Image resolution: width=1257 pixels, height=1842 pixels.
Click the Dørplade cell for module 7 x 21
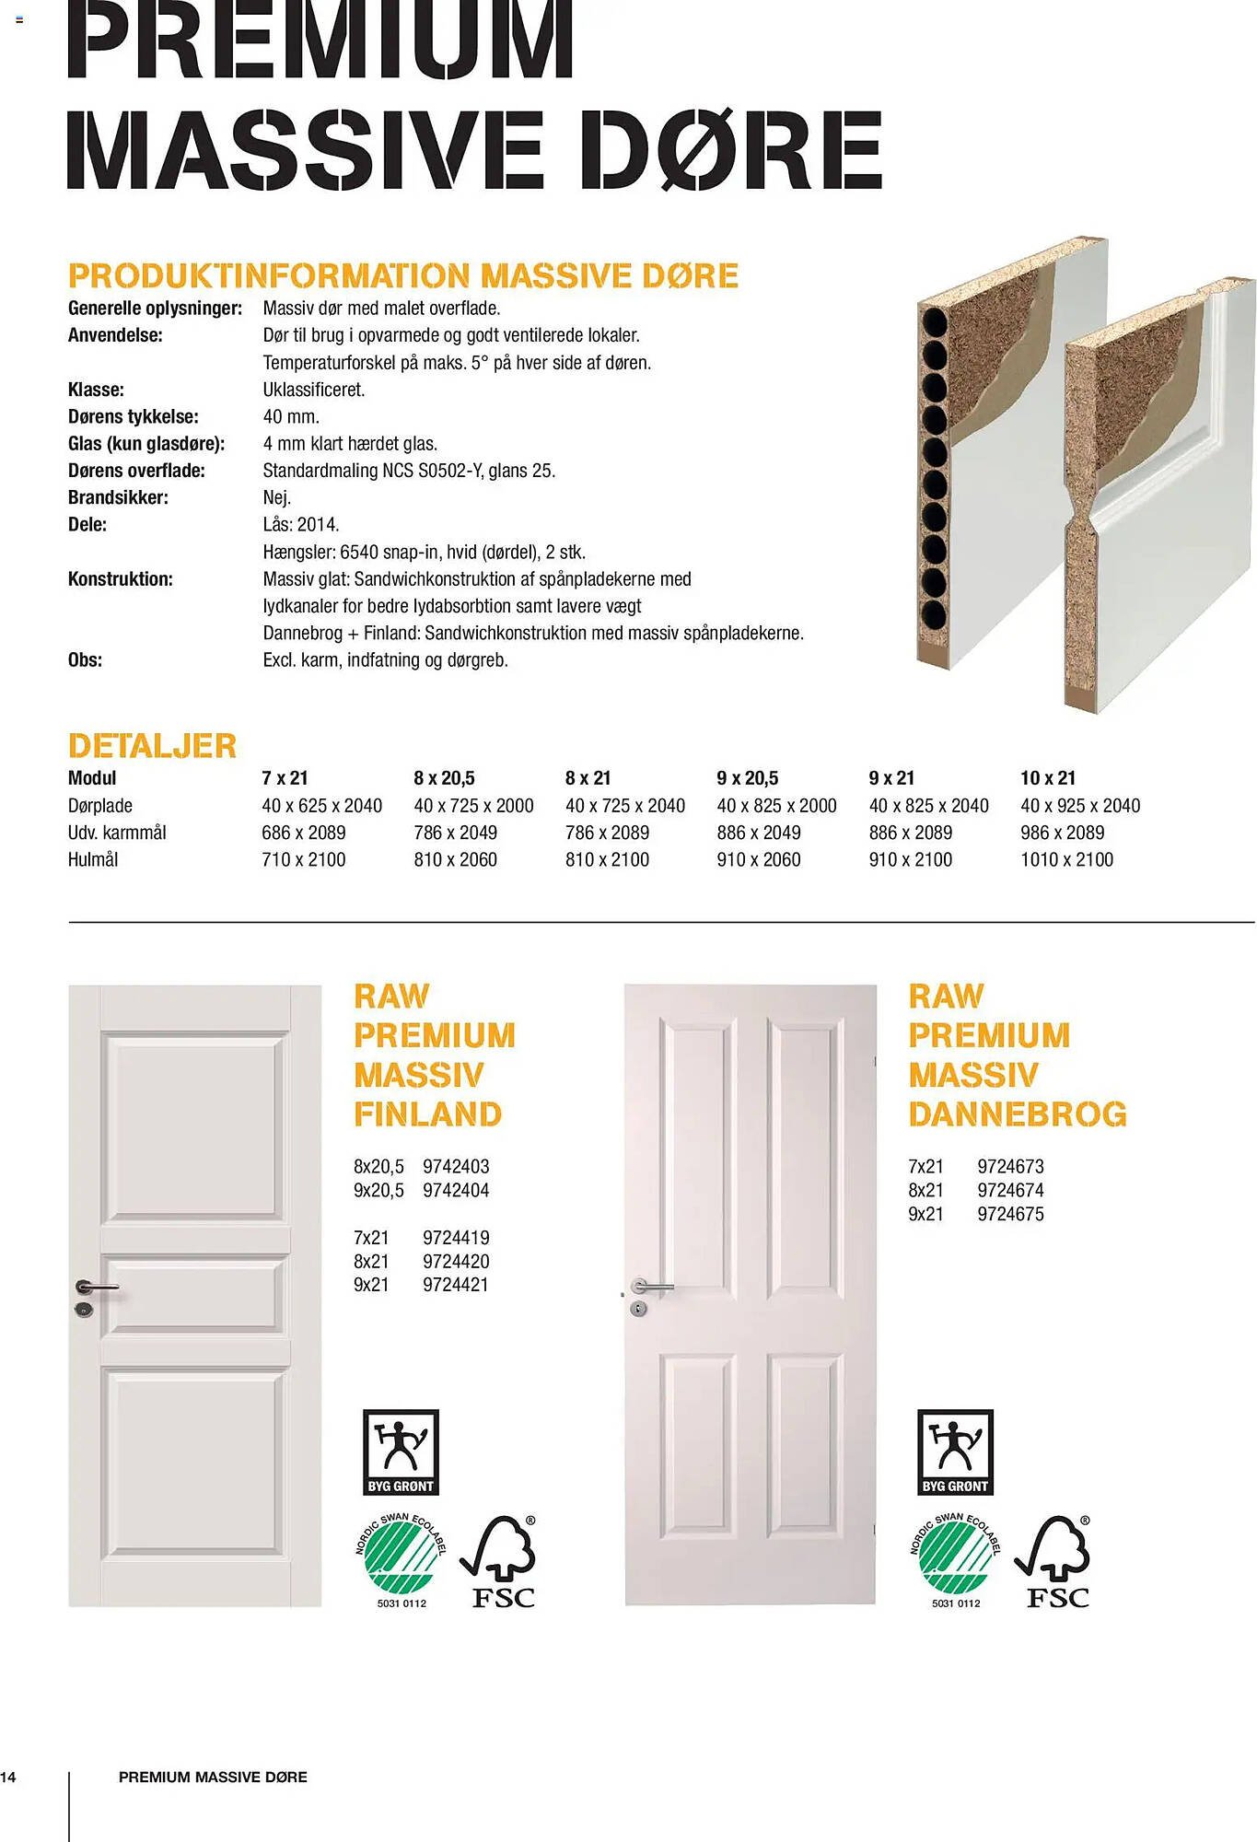tap(321, 806)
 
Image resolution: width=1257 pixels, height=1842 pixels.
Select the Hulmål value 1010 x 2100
tap(1066, 859)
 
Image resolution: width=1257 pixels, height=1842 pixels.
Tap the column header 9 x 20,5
tap(747, 778)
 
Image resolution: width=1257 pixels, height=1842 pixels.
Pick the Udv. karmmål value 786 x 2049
tap(455, 833)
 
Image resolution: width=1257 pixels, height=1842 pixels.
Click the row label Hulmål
tap(93, 859)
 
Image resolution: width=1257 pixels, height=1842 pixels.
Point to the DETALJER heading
tap(152, 746)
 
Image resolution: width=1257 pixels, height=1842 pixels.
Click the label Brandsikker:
tap(118, 498)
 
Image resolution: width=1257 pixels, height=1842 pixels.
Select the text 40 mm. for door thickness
tap(291, 416)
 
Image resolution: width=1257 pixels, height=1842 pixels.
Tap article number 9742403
tap(456, 1167)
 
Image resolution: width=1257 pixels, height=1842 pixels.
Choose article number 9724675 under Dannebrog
tap(1010, 1214)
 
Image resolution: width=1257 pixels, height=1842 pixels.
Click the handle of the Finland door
tap(96, 1287)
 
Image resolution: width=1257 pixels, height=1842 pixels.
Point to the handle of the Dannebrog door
tap(652, 1286)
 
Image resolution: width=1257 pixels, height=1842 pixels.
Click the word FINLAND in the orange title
tap(427, 1114)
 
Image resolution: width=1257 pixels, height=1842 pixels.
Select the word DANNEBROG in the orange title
tap(1017, 1114)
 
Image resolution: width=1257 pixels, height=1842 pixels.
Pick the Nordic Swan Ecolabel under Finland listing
tap(401, 1560)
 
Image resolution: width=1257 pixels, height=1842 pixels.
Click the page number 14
tap(8, 1777)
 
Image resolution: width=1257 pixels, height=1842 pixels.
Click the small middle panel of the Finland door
tap(194, 1295)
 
